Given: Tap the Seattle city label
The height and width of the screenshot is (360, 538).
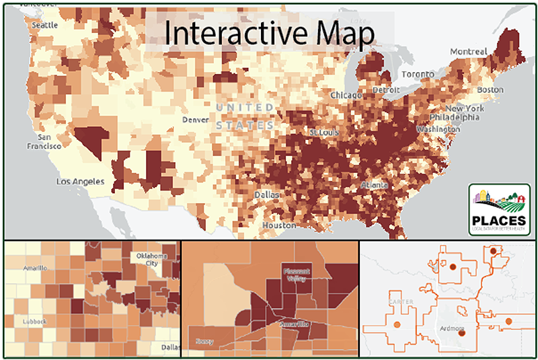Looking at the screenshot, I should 45,25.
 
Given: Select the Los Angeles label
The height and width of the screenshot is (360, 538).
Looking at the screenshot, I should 80,182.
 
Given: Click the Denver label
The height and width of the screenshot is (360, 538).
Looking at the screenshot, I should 196,120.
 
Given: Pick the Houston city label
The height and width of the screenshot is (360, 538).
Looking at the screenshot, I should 279,225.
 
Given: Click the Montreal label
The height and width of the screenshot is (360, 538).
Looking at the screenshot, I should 468,52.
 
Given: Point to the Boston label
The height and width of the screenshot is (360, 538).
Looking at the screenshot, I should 490,90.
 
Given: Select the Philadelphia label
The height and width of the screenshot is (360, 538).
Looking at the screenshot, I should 460,117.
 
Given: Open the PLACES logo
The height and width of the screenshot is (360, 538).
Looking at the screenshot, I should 499,209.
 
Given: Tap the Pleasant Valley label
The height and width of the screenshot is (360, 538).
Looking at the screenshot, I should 296,275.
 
